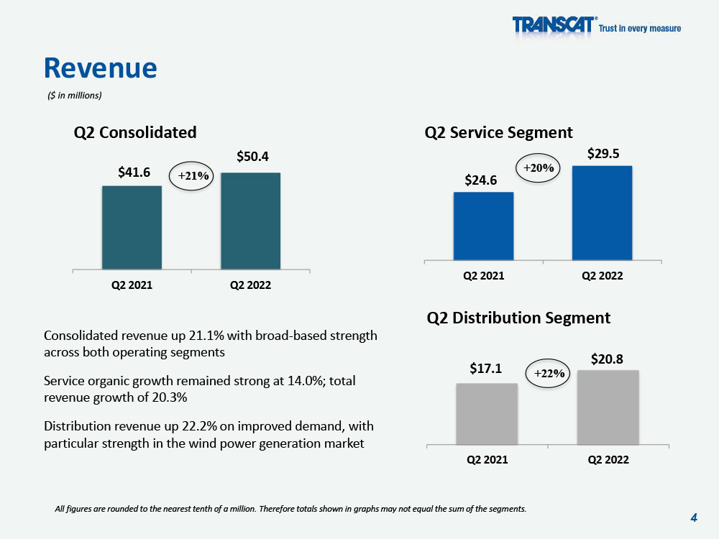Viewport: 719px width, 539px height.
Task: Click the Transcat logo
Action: [x=596, y=24]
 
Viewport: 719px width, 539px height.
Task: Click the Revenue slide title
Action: [x=101, y=68]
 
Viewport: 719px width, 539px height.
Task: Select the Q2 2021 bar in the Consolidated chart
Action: [x=132, y=227]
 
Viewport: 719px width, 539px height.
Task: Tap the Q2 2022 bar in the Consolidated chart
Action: [x=250, y=221]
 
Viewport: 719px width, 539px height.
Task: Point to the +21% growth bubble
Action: [x=191, y=175]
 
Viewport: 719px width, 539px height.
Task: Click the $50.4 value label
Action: [x=252, y=157]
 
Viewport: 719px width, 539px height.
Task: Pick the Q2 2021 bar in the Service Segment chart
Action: [x=483, y=226]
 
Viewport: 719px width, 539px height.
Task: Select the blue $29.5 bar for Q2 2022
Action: [x=602, y=213]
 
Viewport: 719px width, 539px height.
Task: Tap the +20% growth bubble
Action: [x=539, y=168]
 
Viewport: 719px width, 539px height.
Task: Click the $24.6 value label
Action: [x=480, y=180]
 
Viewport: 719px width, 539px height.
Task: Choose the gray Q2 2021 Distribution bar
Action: [x=487, y=414]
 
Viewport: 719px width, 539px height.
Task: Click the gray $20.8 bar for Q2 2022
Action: [x=608, y=407]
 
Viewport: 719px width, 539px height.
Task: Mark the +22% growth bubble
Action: [x=547, y=374]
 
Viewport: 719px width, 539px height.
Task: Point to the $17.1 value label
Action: [x=485, y=369]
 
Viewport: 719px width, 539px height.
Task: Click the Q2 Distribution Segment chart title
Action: [x=518, y=318]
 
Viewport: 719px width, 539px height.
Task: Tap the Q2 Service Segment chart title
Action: [x=498, y=132]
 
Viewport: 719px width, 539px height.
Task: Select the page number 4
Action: [x=694, y=518]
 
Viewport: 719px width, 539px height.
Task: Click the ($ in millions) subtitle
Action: [x=75, y=96]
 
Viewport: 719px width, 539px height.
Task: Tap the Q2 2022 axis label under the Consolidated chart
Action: [x=250, y=285]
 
